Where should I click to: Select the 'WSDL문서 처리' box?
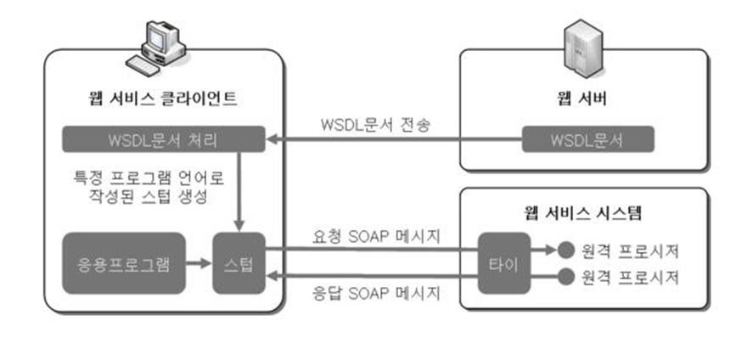(x=155, y=138)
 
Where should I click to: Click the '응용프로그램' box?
(x=124, y=262)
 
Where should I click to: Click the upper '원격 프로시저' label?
(x=632, y=251)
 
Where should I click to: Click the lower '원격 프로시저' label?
(x=632, y=277)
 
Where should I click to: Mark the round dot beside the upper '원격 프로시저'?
(x=564, y=251)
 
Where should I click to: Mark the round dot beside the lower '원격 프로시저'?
(x=564, y=277)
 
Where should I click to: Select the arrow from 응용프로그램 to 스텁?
(x=199, y=262)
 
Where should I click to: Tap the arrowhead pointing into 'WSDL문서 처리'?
(x=273, y=138)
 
